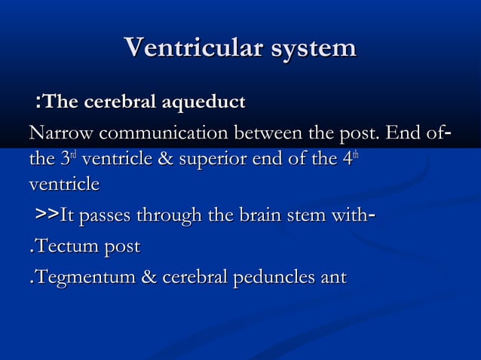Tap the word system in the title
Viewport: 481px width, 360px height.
311,48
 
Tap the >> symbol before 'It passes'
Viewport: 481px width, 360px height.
47,217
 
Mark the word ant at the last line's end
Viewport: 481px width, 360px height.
333,278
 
